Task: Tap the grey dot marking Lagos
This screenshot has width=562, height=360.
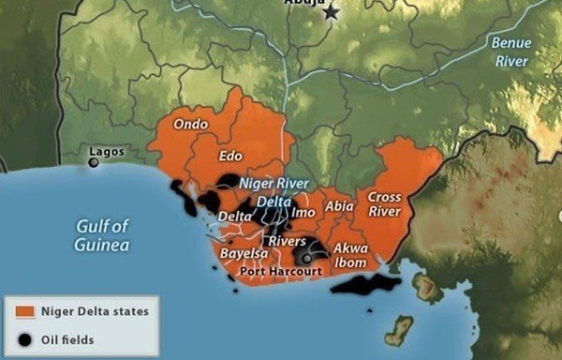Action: tap(94, 163)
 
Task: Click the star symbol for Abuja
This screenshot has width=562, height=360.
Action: tap(330, 12)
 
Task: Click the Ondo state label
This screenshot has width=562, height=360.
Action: tap(192, 124)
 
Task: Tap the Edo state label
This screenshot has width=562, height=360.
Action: tap(230, 156)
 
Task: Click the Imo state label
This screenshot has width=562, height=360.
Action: tap(304, 213)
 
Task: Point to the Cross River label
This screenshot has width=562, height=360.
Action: tap(385, 204)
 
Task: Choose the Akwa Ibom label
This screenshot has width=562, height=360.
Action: tap(350, 255)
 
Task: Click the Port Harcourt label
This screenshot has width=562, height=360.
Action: tap(281, 271)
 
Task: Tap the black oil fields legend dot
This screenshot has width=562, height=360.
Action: tap(26, 338)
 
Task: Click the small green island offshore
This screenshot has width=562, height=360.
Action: tap(400, 329)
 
